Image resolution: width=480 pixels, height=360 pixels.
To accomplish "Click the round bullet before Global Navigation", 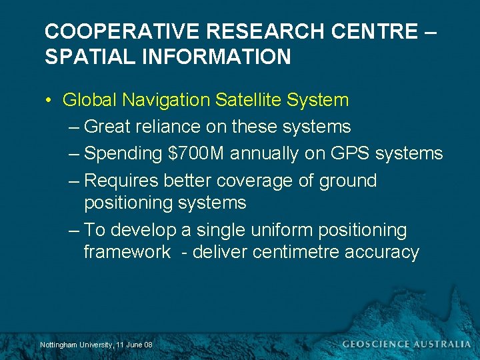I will click(49, 101).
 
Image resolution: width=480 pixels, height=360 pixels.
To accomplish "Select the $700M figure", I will click(197, 153).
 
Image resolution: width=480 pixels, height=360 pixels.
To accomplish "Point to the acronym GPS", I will click(347, 153).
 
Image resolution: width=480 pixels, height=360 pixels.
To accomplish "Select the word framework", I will click(127, 252).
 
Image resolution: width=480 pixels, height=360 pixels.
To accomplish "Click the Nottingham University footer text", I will click(96, 345).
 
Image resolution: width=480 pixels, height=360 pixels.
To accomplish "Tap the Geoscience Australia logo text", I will click(405, 344).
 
